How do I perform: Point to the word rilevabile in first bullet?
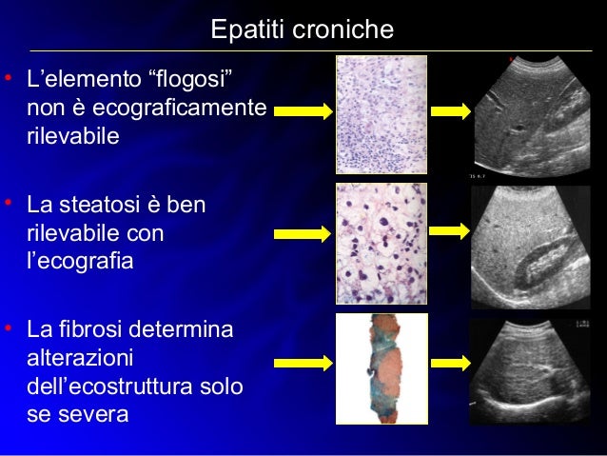click(72, 136)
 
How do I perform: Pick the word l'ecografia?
click(80, 260)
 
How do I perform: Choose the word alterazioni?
click(80, 359)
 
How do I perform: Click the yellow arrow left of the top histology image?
click(303, 111)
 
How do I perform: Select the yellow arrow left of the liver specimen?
click(303, 363)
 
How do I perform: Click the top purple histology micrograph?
click(381, 114)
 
